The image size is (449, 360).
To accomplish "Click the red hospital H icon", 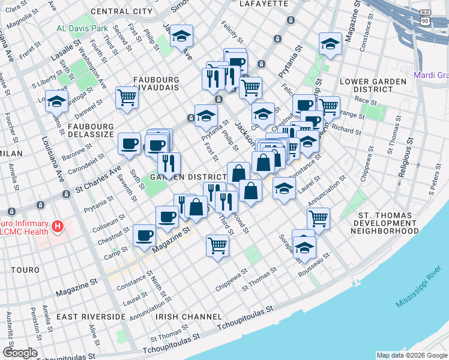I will pos(58,226).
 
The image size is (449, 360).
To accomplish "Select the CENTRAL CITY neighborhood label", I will pos(122,11).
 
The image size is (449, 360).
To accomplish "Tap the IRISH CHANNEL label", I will pos(181,316).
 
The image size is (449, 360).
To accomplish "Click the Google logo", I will pos(20,353).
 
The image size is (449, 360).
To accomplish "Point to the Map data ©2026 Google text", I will pos(411,355).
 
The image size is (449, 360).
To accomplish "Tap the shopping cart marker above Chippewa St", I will pos(217,244).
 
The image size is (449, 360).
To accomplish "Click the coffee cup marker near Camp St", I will pos(144,235).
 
